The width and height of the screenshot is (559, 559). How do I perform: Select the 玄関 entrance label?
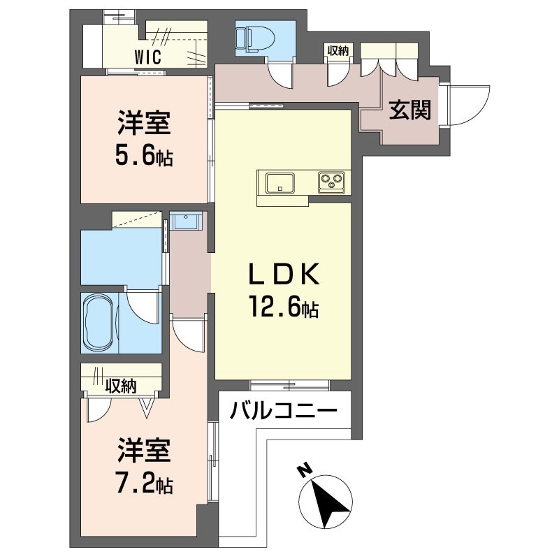(409, 110)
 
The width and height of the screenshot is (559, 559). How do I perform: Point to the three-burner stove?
(332, 182)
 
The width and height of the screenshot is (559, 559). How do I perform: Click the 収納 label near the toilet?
(338, 50)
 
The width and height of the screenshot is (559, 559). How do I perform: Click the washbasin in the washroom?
(187, 222)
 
